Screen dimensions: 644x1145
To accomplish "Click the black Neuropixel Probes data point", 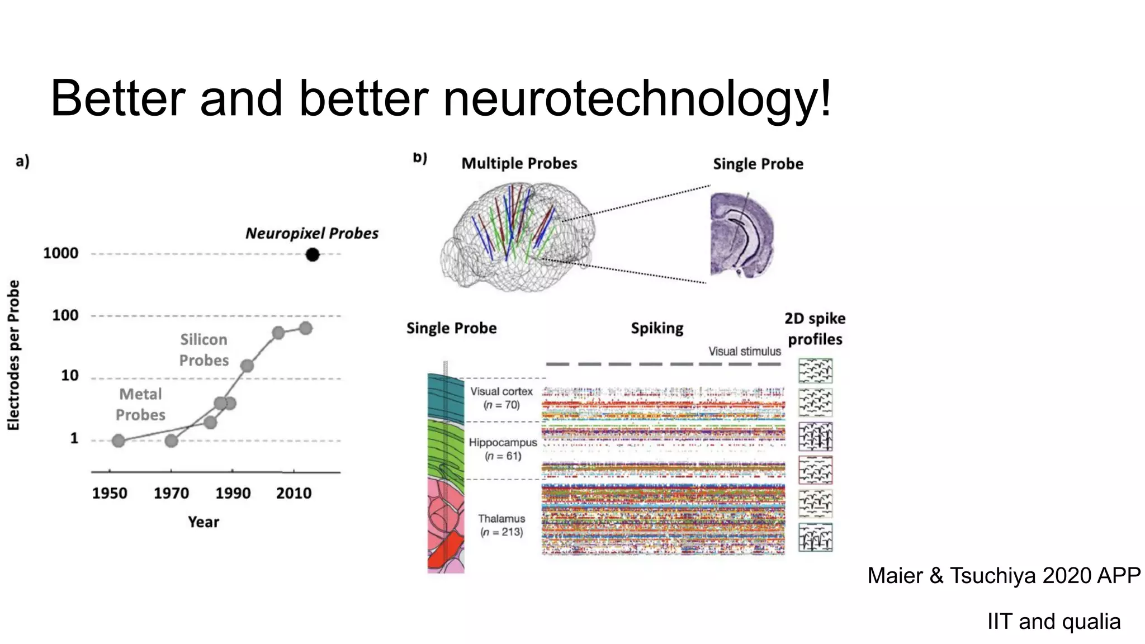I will pos(313,255).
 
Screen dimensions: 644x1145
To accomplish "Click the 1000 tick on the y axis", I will pos(60,253).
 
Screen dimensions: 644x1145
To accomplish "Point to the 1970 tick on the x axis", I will pos(171,493).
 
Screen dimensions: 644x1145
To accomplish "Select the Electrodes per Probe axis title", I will pos(13,355).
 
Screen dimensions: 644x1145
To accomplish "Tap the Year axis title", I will pos(203,522).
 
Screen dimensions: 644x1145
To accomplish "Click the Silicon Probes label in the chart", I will pos(204,350).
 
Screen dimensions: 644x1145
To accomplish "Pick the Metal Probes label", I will pos(140,404).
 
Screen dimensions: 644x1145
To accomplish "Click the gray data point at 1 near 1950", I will pos(118,441).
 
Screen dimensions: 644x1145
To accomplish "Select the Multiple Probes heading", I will pos(519,163).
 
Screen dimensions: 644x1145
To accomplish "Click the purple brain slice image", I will pos(741,235).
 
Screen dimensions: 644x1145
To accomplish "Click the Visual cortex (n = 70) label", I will pos(501,398).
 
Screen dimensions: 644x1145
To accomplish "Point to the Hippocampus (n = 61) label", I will pos(503,449).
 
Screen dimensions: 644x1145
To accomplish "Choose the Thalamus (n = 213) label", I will pos(501,525).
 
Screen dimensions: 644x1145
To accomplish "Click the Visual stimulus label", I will pos(744,351).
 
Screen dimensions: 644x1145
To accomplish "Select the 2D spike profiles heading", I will pos(815,329).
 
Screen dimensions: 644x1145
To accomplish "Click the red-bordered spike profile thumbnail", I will pos(815,470).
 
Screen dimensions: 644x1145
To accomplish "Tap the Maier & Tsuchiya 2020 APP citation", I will pos(1004,575).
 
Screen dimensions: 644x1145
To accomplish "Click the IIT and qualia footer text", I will pos(1053,621).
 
